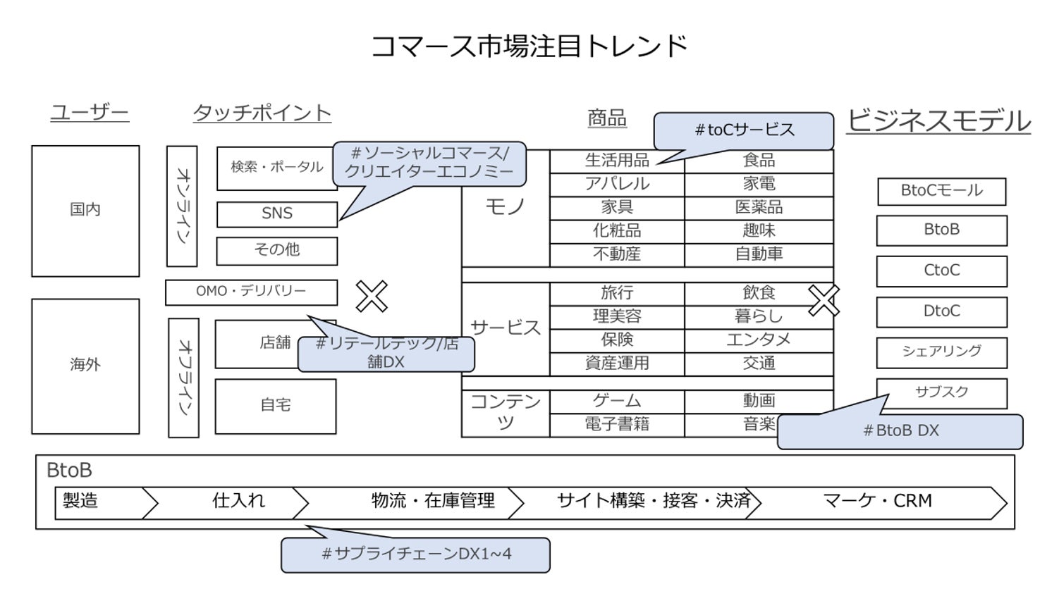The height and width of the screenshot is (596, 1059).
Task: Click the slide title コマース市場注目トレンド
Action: point(529,46)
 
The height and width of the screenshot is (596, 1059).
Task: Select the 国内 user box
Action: point(85,210)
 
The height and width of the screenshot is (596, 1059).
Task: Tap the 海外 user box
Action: point(85,365)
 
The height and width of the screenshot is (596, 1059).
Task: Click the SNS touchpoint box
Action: point(276,214)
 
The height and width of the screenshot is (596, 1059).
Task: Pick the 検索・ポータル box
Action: point(276,168)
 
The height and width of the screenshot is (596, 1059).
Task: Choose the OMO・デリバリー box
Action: point(251,292)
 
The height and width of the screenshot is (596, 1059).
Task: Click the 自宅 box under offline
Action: point(275,406)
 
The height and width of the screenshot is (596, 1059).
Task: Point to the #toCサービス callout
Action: point(744,130)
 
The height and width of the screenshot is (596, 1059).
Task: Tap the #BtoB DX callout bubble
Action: point(900,431)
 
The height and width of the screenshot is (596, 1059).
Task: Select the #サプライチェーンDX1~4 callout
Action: point(415,554)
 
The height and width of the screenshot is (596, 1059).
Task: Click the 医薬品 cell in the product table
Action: point(759,208)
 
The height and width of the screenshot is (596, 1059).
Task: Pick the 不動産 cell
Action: point(617,254)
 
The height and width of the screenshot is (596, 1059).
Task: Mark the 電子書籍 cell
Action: point(617,425)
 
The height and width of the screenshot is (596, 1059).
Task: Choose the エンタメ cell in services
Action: point(759,340)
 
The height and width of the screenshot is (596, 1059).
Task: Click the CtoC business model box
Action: point(941,271)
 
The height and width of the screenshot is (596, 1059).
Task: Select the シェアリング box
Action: point(941,352)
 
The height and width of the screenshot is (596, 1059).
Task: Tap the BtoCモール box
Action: point(941,191)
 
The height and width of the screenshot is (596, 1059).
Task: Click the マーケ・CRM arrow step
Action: point(877,502)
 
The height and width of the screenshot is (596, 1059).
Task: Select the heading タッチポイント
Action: point(262,113)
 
